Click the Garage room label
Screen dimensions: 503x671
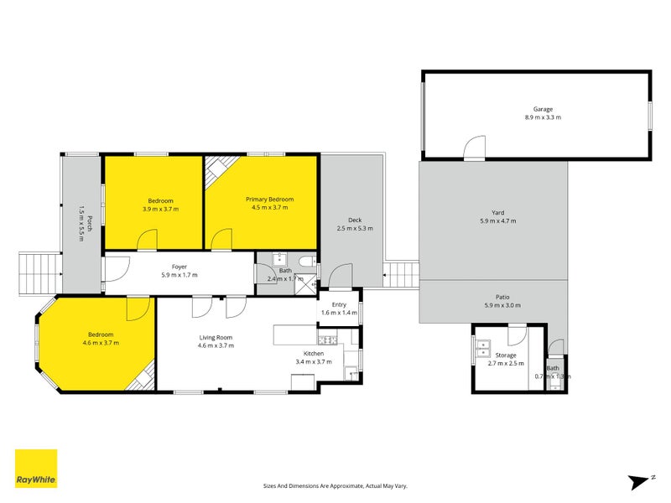click(543, 109)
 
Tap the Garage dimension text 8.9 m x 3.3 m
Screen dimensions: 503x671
click(543, 117)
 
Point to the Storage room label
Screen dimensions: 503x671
click(505, 355)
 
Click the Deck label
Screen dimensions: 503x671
click(355, 220)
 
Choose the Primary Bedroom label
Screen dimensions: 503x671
click(269, 200)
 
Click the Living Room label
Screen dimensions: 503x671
click(215, 337)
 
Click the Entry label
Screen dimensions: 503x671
click(339, 304)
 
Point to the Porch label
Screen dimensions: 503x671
click(81, 211)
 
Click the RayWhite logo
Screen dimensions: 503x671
click(36, 469)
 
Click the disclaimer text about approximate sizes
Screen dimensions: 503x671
click(335, 485)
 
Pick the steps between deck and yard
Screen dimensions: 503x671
click(401, 274)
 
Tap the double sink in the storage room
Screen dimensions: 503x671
click(483, 348)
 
